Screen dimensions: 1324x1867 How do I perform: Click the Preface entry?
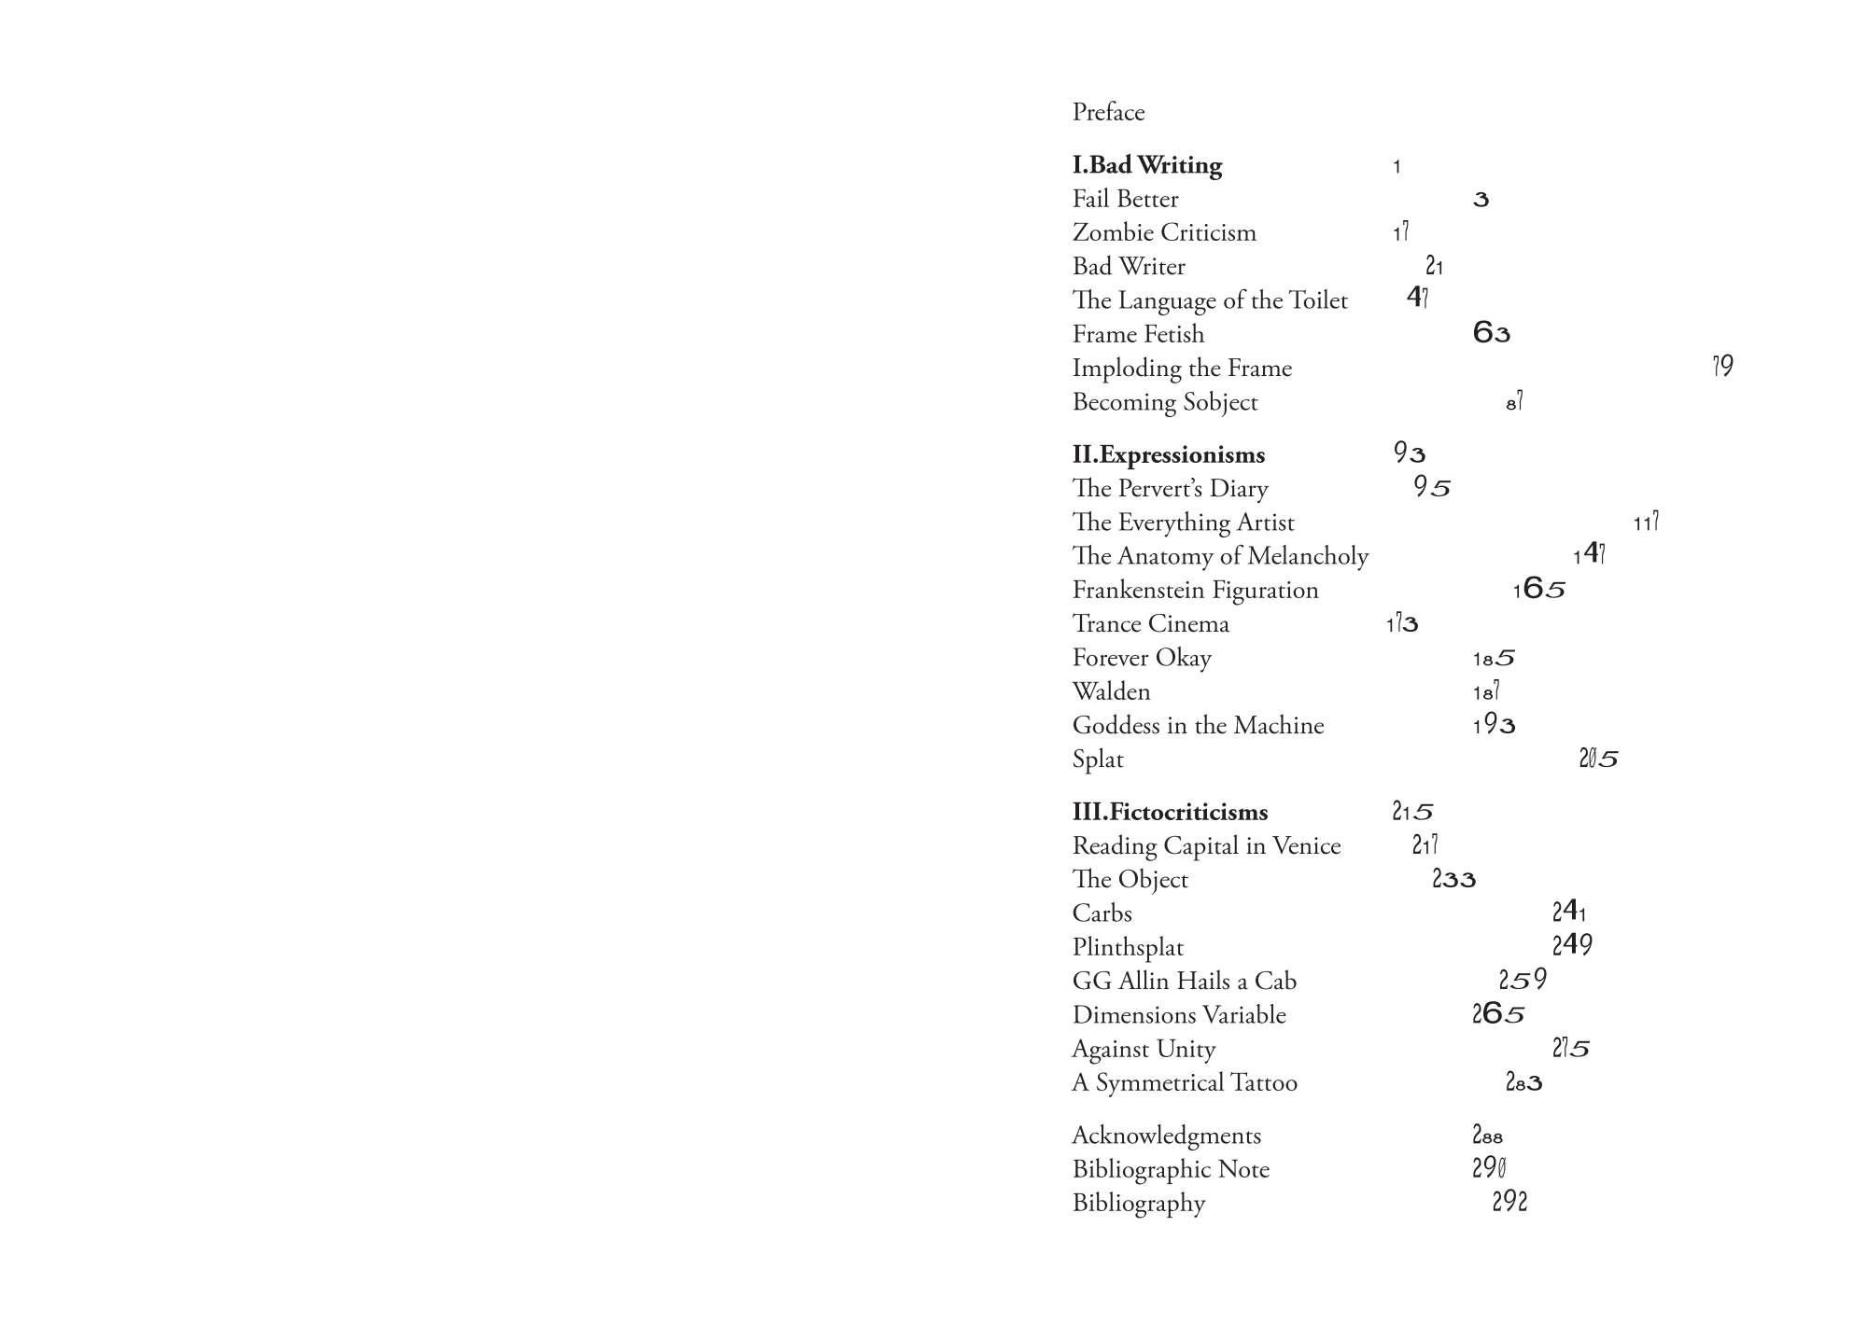[1108, 113]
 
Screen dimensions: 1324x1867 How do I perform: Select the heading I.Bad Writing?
[1146, 165]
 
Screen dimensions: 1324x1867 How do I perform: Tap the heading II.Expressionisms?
[1168, 454]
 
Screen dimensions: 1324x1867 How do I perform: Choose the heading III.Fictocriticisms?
[1170, 812]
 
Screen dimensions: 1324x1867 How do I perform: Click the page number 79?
[1722, 367]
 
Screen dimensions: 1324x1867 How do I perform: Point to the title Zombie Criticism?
[1164, 232]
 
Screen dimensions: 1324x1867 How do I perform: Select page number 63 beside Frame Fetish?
[1491, 333]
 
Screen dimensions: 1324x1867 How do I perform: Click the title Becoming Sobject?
[1164, 402]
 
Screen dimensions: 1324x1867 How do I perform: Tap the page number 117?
[1646, 523]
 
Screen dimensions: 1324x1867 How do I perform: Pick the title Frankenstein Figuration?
[1195, 590]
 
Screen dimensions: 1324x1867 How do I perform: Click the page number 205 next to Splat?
[1598, 759]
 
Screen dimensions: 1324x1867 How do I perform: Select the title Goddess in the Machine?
[1198, 725]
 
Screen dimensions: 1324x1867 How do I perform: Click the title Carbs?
[1102, 913]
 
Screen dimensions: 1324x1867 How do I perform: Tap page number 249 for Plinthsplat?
[1572, 945]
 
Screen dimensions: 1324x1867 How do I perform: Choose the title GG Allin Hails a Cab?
[1184, 981]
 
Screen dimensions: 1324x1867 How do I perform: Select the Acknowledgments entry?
[1166, 1136]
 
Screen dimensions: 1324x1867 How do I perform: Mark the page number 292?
[1509, 1202]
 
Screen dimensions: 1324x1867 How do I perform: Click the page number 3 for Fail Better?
[1481, 200]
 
